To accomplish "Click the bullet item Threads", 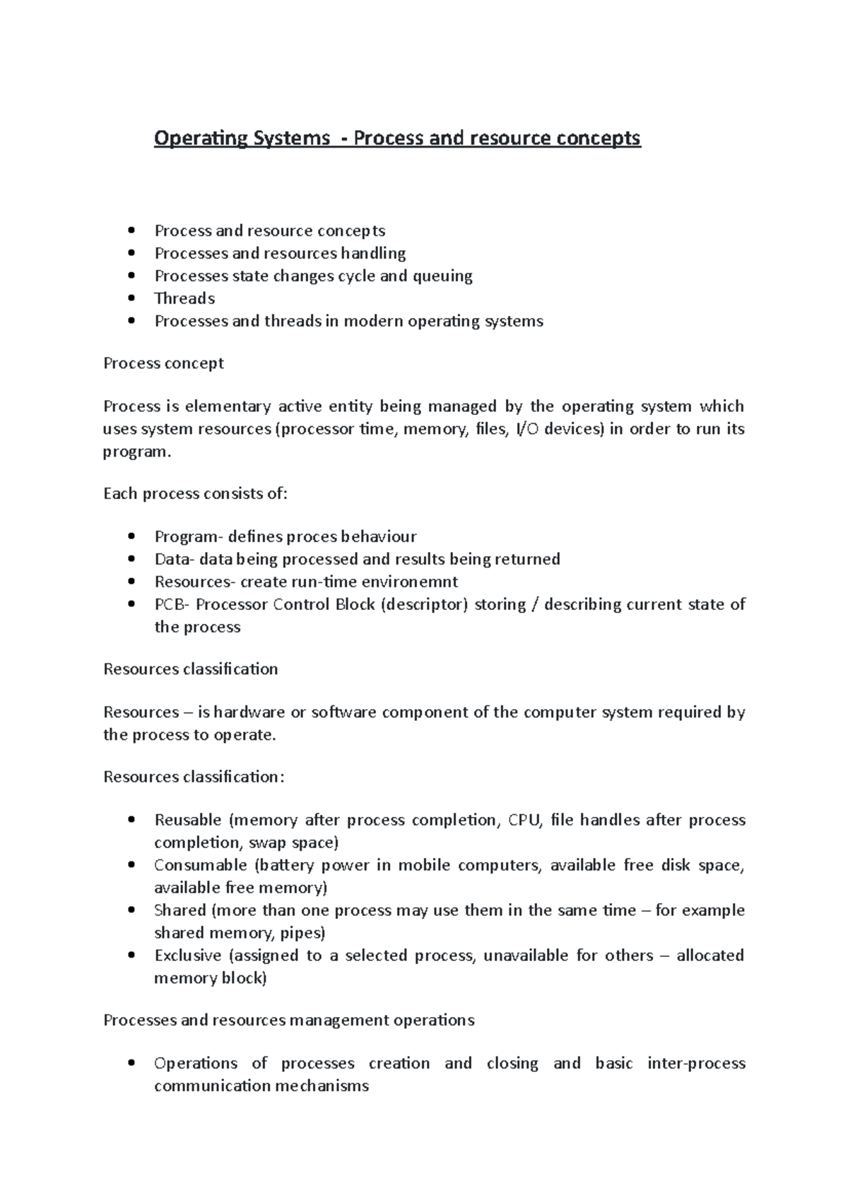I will [x=184, y=298].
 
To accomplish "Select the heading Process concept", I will [x=163, y=363].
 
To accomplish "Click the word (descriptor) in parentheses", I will [x=423, y=604].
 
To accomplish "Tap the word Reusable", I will [x=187, y=820].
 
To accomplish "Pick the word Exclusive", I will [x=187, y=955].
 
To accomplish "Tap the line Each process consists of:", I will [x=195, y=494].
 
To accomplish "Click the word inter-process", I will [x=696, y=1063].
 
